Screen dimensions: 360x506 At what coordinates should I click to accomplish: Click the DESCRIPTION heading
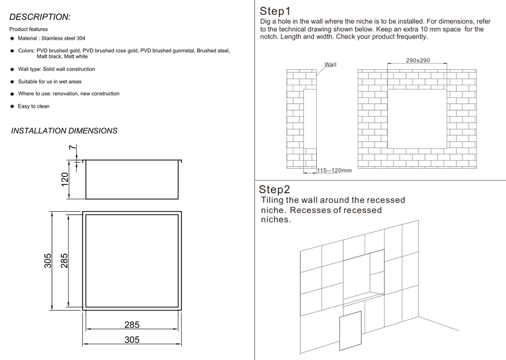pos(40,17)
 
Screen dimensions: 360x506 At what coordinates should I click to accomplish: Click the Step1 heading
pos(275,11)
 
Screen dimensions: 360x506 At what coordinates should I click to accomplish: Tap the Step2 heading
pos(275,189)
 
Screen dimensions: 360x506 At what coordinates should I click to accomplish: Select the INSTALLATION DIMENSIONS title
pos(64,131)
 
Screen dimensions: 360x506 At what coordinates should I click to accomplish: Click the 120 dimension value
pos(65,180)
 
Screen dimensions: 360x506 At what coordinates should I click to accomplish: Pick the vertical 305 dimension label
pos(48,261)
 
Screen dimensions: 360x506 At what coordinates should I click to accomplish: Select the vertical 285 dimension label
pos(64,261)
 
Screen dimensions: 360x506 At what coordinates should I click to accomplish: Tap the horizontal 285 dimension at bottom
pos(132,325)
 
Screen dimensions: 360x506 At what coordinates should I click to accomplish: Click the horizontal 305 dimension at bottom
pos(132,340)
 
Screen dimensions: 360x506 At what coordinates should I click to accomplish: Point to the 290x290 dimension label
pos(418,60)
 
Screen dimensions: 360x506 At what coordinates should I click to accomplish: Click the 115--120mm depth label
pos(335,171)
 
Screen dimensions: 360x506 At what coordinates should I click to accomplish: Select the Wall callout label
pos(330,65)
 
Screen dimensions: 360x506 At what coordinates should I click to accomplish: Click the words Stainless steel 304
pos(63,38)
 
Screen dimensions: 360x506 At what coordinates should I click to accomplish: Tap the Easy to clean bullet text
pos(34,106)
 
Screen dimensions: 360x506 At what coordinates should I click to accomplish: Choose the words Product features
pos(29,29)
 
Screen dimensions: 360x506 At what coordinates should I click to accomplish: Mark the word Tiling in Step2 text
pos(272,200)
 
